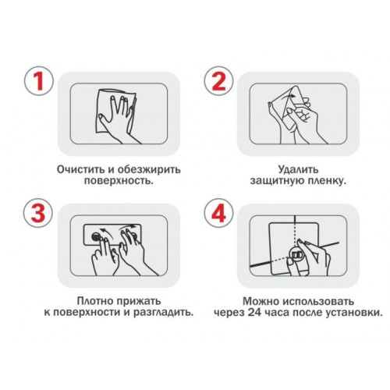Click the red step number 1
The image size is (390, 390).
coord(39,81)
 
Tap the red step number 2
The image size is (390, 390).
coord(219,81)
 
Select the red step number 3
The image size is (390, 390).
coord(38,213)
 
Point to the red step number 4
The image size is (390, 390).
coord(218,214)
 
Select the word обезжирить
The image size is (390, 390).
coord(149,169)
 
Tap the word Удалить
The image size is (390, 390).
coord(298,170)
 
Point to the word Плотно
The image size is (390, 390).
coord(94,301)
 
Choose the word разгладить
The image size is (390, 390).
coord(164,312)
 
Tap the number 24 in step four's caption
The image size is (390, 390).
coord(254,313)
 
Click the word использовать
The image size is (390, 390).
coord(318,301)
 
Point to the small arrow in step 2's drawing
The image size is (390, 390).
coord(288,97)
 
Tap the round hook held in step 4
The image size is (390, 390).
coord(296,255)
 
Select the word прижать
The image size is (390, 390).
coord(139,301)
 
